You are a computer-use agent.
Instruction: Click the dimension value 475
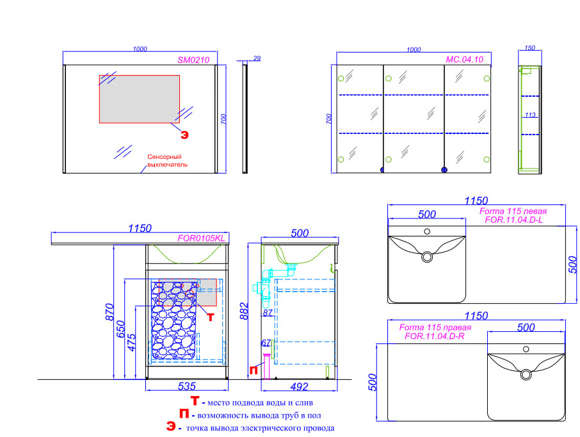coord(132,341)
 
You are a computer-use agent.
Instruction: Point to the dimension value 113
coord(530,115)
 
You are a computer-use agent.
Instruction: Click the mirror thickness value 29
coord(257,59)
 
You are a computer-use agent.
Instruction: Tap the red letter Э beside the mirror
coord(184,135)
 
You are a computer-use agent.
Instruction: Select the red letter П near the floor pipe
coord(254,370)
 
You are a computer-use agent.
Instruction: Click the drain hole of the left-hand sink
coord(427,257)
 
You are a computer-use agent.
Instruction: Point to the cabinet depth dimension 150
coord(529,48)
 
